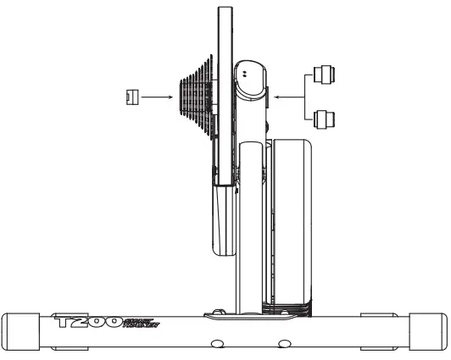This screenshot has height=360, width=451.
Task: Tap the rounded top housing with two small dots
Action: (250, 80)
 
